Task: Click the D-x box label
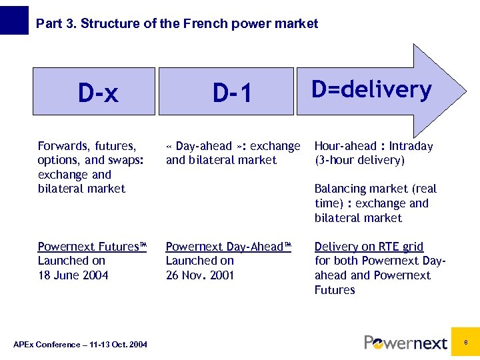98,93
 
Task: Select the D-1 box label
232,93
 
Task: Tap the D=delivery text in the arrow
372,89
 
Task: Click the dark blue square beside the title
14,21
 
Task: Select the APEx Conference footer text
81,344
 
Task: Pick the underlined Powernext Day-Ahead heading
229,247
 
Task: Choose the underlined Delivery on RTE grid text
369,247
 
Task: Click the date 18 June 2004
73,275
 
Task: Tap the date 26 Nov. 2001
200,275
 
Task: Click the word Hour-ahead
345,146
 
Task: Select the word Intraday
411,146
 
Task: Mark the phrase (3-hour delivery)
359,160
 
